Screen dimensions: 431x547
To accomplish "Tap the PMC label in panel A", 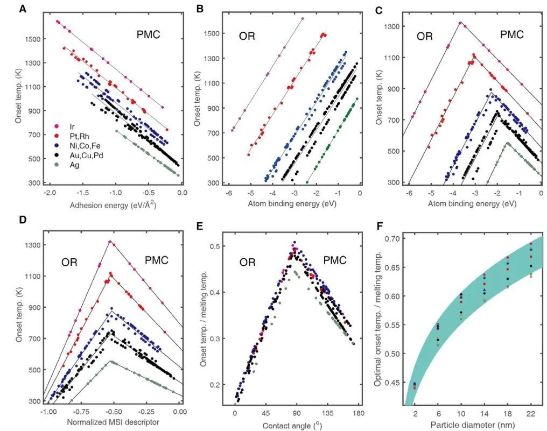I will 148,36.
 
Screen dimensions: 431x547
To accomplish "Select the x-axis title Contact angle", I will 293,425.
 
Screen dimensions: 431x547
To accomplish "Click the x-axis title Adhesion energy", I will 114,205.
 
